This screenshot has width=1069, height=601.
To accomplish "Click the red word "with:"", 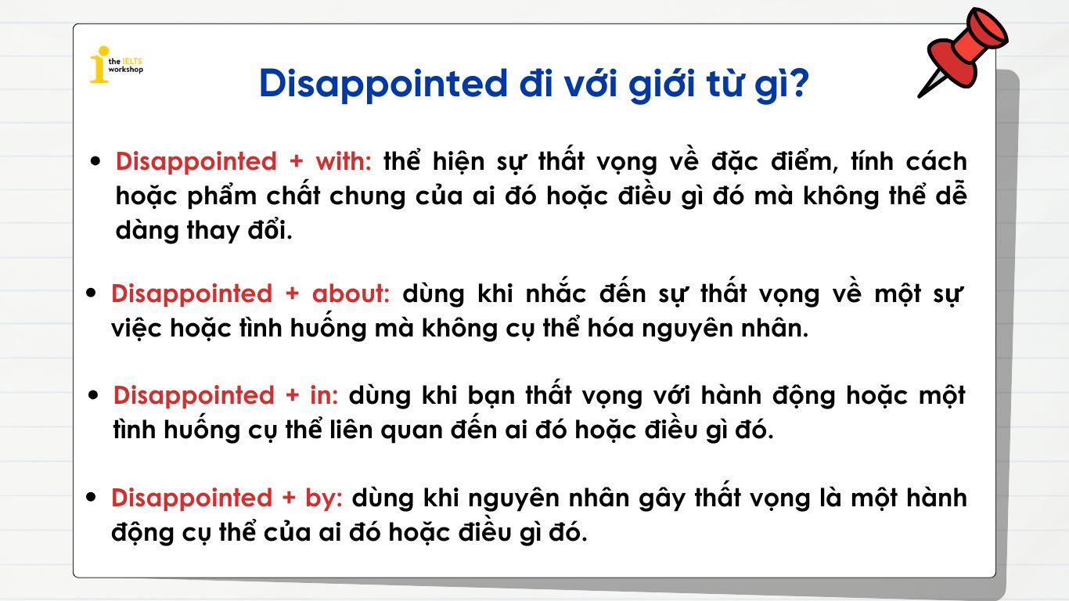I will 344,161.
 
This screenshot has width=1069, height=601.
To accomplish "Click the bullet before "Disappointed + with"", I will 96,162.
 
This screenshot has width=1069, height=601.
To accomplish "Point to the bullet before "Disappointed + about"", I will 92,294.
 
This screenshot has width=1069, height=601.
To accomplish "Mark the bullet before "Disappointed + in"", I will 94,396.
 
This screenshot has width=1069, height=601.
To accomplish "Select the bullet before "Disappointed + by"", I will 92,498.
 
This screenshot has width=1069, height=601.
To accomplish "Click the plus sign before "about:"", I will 292,294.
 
